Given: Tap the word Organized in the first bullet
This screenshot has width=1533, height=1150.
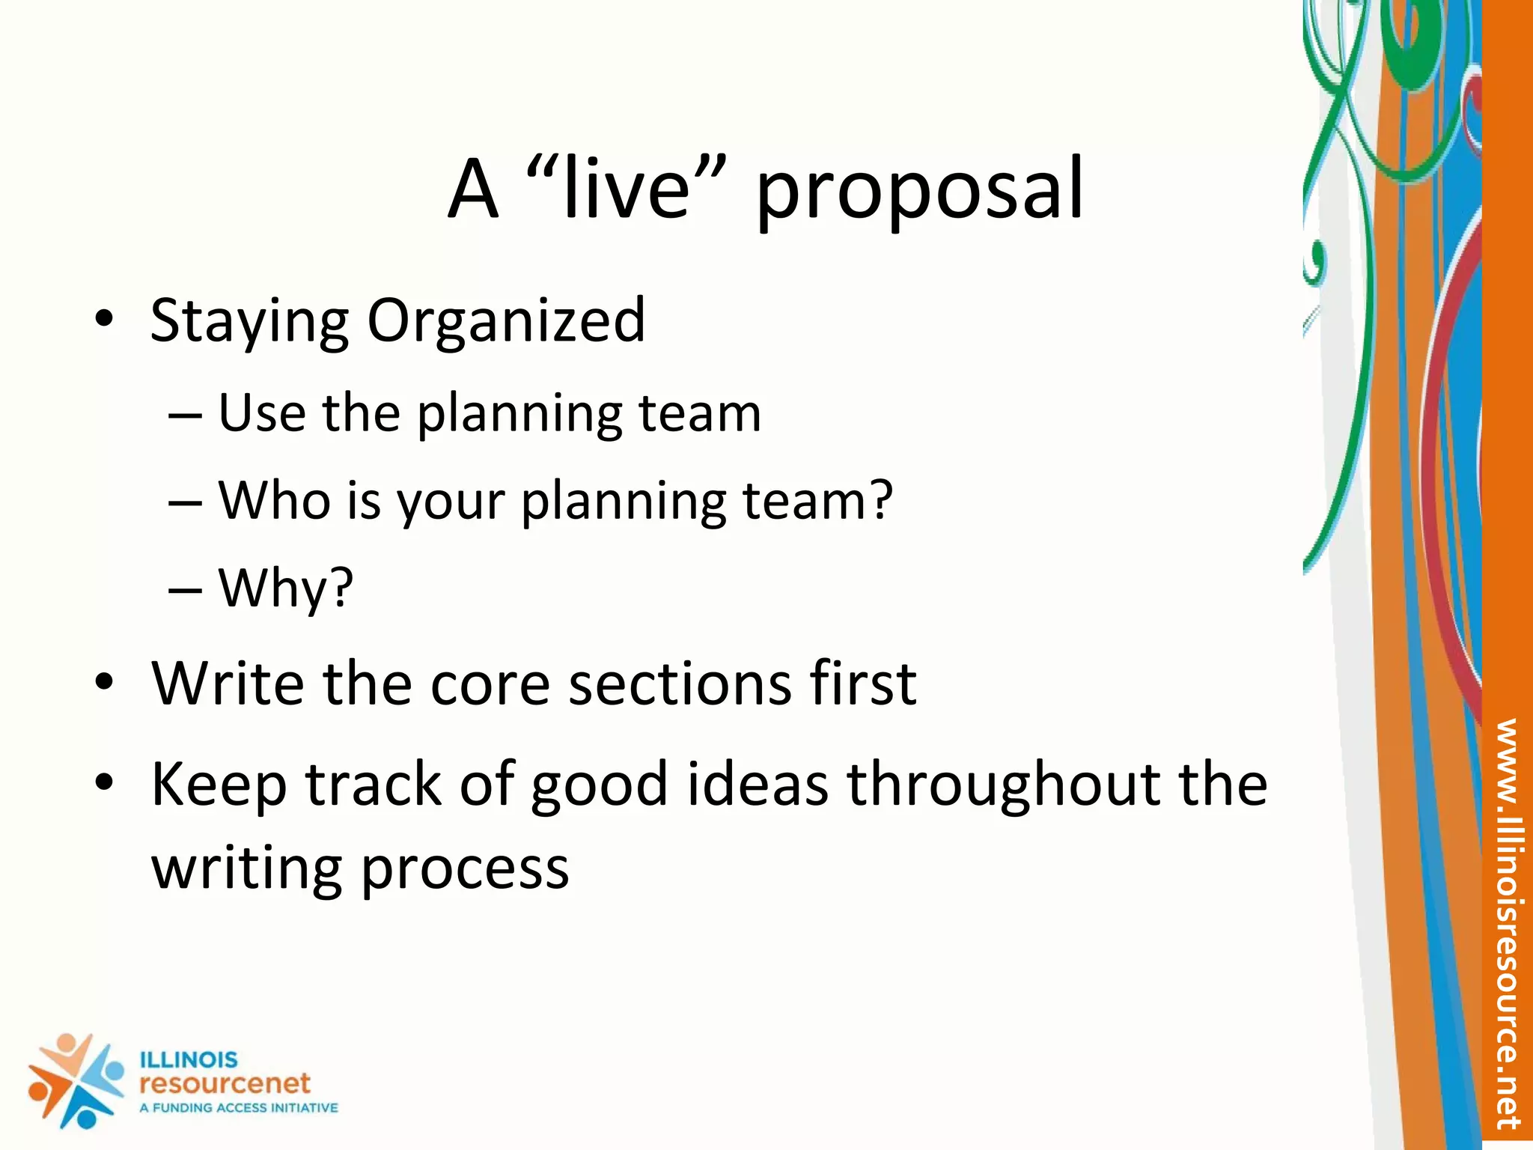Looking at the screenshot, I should click(x=506, y=322).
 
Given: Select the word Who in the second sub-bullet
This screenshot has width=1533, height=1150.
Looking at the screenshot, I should click(x=274, y=500).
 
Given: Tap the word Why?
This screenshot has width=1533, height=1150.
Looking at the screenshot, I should click(x=286, y=588).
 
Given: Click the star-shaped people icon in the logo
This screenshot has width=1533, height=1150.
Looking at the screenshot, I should click(x=75, y=1080).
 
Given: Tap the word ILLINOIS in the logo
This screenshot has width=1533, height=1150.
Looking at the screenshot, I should click(x=189, y=1059).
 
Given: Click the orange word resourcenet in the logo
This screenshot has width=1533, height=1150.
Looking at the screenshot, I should click(x=225, y=1083).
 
